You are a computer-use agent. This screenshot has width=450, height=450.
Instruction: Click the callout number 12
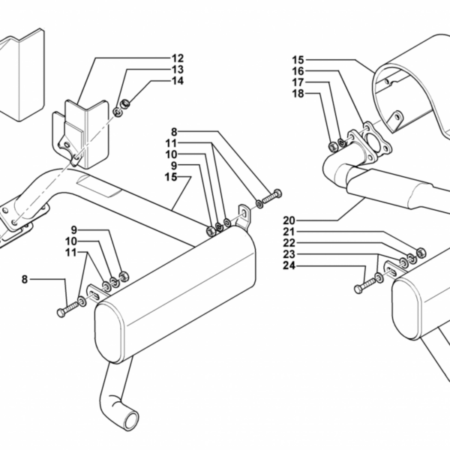(178, 58)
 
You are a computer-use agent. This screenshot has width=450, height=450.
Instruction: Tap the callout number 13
(178, 70)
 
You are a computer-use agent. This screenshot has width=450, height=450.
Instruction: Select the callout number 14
(178, 81)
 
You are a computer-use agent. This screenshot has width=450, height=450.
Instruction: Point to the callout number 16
(298, 71)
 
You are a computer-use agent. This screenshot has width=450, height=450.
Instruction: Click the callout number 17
(298, 82)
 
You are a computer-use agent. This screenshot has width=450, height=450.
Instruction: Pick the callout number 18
(298, 94)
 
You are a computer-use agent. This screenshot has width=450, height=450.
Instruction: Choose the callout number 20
(289, 220)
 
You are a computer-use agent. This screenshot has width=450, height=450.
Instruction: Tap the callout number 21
(289, 232)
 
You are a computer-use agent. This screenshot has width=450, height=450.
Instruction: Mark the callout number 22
(289, 243)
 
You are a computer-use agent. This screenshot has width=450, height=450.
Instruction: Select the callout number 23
(289, 254)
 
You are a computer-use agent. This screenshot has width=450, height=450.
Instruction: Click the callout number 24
(289, 265)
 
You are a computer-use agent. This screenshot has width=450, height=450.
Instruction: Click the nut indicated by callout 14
(125, 103)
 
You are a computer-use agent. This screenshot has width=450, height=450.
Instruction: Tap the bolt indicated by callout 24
(364, 286)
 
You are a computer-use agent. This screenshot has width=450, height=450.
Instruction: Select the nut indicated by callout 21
(421, 252)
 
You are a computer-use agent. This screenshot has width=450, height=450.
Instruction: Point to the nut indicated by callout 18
(333, 147)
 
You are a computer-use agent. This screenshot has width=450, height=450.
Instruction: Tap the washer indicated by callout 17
(341, 142)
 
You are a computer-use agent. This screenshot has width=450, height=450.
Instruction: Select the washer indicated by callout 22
(412, 258)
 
